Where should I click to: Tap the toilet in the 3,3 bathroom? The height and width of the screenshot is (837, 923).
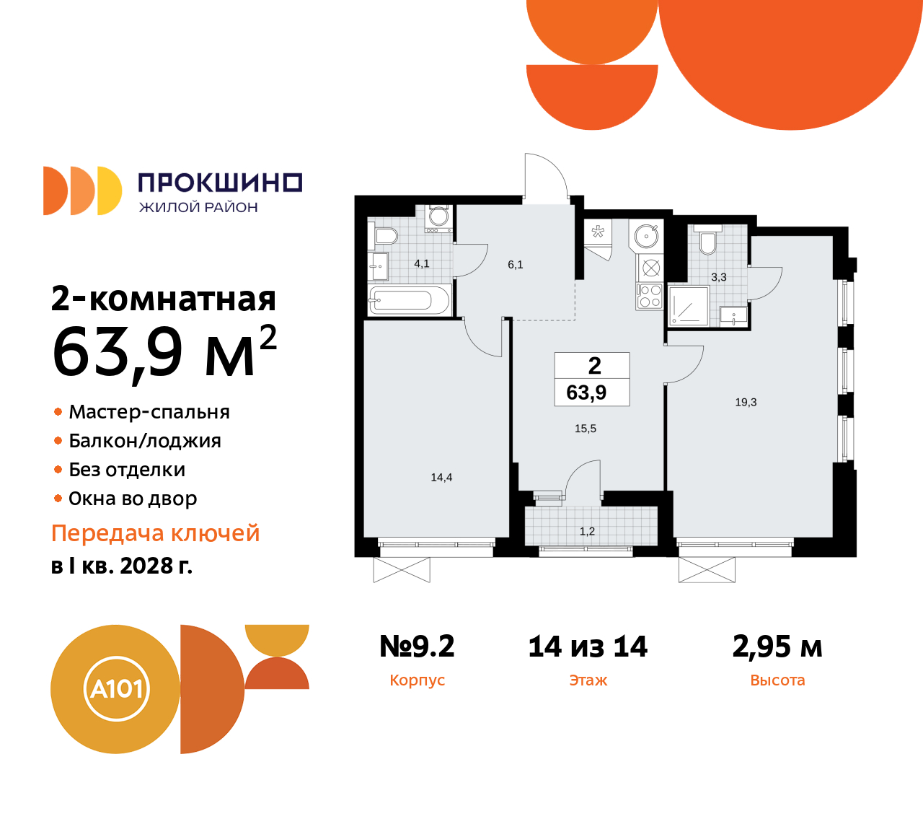[x=707, y=243]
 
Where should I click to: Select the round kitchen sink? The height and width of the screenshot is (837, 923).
[x=647, y=235]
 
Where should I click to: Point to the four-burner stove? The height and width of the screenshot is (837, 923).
[x=650, y=297]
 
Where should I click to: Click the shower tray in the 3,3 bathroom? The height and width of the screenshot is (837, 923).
[x=688, y=305]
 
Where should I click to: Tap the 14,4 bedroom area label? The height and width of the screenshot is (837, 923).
[x=441, y=478]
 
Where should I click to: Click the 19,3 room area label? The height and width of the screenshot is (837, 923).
[x=746, y=403]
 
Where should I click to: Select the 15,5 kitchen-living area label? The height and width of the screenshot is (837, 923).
[x=586, y=429]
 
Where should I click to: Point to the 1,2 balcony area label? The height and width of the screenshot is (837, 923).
[x=587, y=532]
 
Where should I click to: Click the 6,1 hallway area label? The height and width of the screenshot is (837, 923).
[x=515, y=265]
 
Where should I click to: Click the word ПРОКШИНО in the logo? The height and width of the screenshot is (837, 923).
[x=220, y=183]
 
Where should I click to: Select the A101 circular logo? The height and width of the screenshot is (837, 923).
[x=116, y=689]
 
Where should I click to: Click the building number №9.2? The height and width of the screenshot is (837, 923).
[x=417, y=647]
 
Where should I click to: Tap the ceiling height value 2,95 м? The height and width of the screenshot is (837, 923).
[x=777, y=647]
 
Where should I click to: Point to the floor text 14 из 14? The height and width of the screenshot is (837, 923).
[x=588, y=647]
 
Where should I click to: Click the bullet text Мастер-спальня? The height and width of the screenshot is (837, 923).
[x=149, y=412]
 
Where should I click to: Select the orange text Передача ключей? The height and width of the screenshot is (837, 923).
[x=156, y=533]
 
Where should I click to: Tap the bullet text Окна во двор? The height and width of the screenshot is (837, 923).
[x=133, y=499]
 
